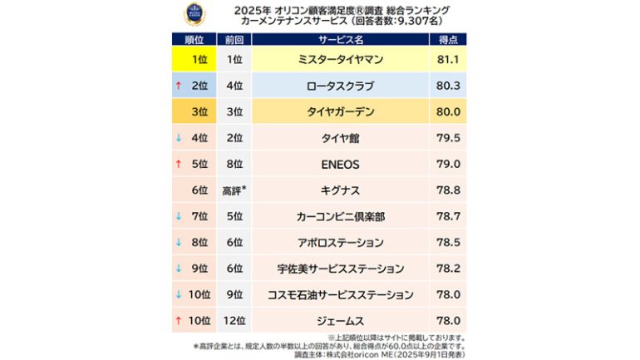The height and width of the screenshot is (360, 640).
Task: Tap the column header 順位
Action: [193, 39]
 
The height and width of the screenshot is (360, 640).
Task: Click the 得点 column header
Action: [447, 39]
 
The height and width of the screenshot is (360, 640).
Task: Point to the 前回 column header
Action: [234, 39]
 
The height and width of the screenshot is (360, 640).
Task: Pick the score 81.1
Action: [447, 60]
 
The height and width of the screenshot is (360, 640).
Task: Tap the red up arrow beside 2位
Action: [178, 85]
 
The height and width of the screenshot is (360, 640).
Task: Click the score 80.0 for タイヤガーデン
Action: [447, 111]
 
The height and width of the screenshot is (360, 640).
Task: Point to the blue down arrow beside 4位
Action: [178, 138]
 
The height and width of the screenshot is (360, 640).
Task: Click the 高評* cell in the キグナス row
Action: [234, 190]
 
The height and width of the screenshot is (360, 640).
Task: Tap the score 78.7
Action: [447, 216]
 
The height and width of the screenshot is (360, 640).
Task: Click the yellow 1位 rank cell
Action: [193, 60]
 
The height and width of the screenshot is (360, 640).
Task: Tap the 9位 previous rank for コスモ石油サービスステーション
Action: [234, 294]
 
